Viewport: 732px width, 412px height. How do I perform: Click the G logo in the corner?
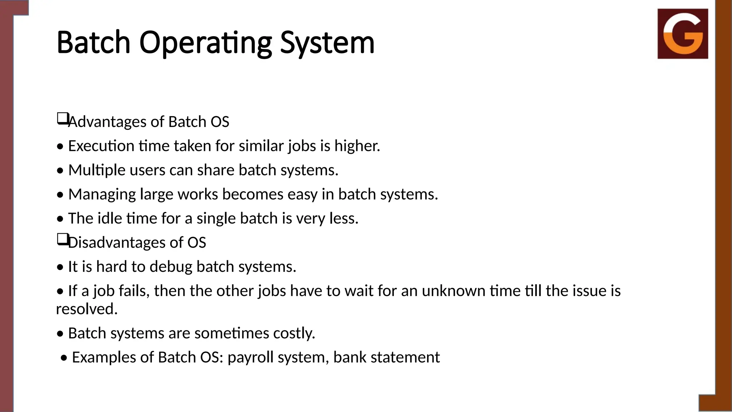coord(683,34)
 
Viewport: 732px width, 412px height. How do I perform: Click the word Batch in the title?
coord(93,43)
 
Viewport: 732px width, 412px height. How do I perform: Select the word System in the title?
coord(327,43)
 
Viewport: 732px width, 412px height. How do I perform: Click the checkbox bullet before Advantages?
coord(62,118)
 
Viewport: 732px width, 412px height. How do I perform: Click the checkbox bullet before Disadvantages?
coord(62,239)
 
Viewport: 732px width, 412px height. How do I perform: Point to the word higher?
coord(357,146)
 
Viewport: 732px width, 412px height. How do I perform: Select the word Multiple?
coord(97,170)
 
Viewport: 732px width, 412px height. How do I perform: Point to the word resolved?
coord(86,309)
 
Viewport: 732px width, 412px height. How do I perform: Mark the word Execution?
coord(101,146)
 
